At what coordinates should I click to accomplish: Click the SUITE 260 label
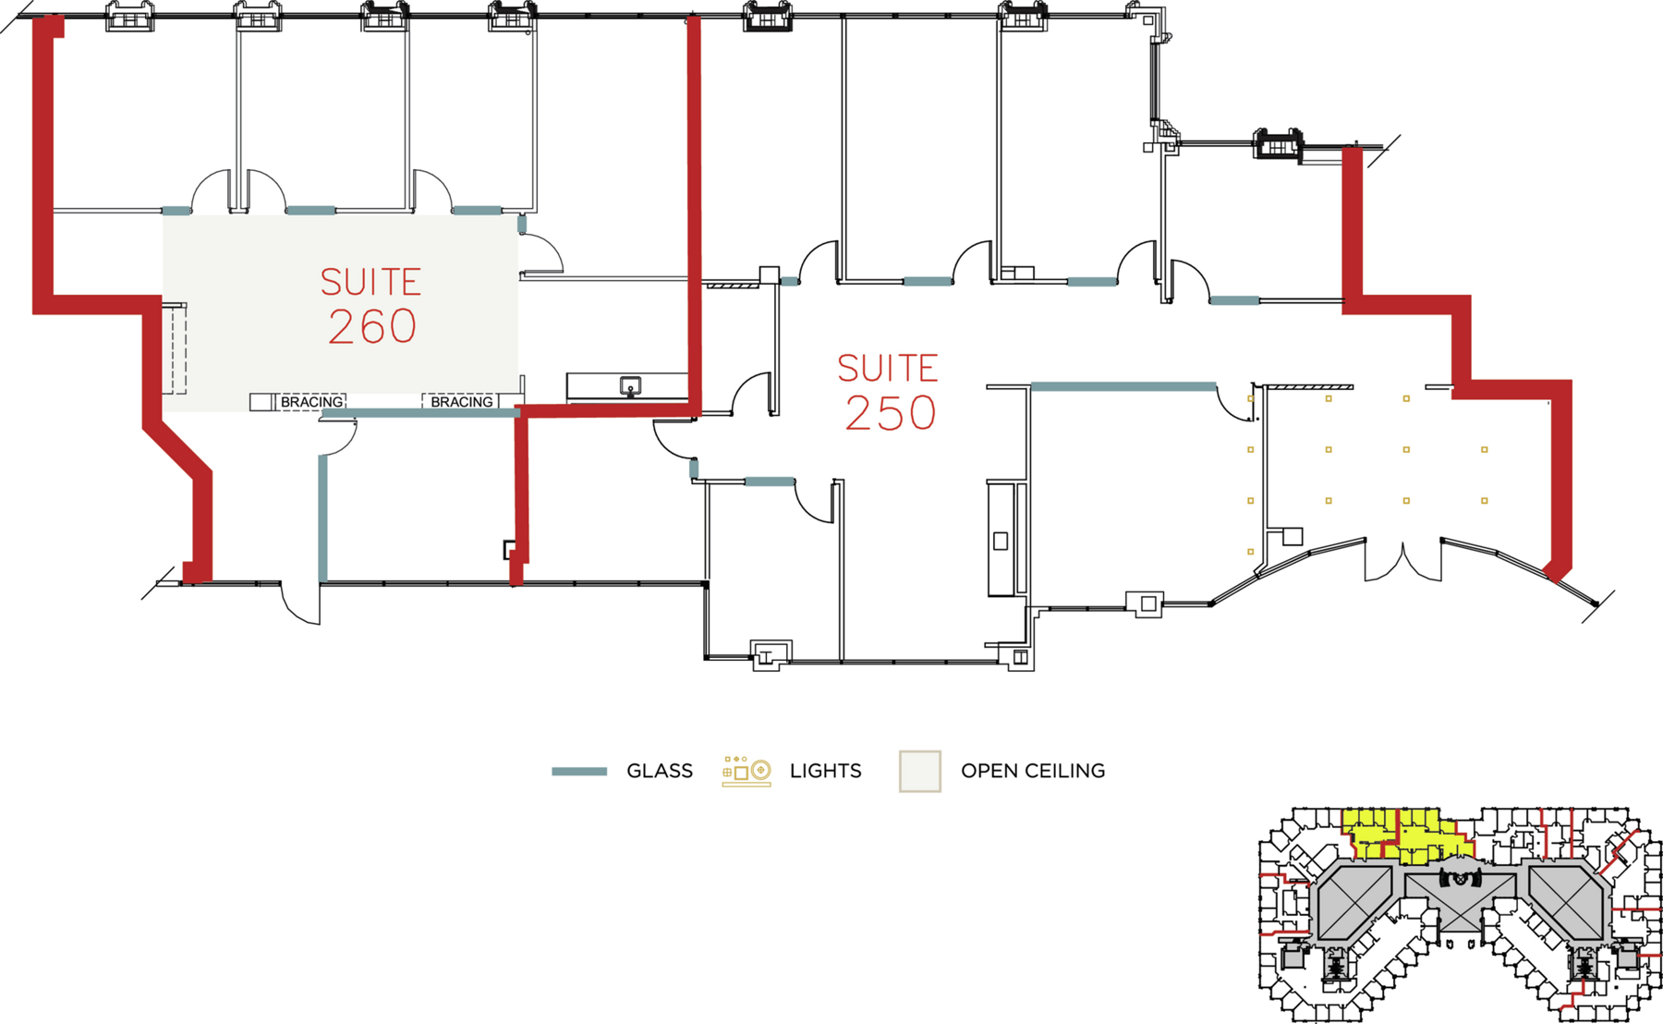pos(371,307)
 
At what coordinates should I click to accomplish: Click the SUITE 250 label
pos(888,393)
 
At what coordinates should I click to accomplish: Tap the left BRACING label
pos(311,402)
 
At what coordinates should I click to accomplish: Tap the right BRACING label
pos(461,402)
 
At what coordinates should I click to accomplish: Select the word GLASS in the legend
pos(659,771)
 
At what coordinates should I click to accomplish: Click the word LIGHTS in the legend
pos(825,771)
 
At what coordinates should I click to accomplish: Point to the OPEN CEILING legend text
pos(1032,771)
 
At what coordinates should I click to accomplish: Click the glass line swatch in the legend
pos(579,771)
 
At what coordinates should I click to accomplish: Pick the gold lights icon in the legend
pos(747,771)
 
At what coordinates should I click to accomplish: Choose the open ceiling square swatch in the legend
pos(920,771)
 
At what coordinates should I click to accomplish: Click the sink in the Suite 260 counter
pos(630,386)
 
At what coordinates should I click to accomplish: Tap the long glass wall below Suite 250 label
pos(1123,386)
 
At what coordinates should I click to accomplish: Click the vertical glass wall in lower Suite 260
pos(322,518)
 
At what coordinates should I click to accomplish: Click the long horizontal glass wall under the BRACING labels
pos(420,413)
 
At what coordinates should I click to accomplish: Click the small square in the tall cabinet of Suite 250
pos(1000,542)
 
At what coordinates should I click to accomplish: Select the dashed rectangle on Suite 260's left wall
pos(176,349)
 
